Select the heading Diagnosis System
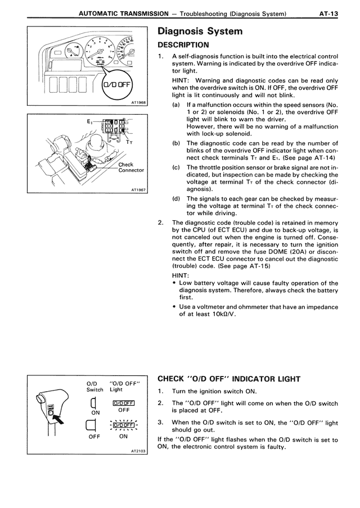(x=200, y=31)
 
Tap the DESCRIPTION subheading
(x=183, y=44)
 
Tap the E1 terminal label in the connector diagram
(x=91, y=121)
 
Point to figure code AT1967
(x=137, y=190)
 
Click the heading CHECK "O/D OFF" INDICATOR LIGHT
(x=236, y=378)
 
